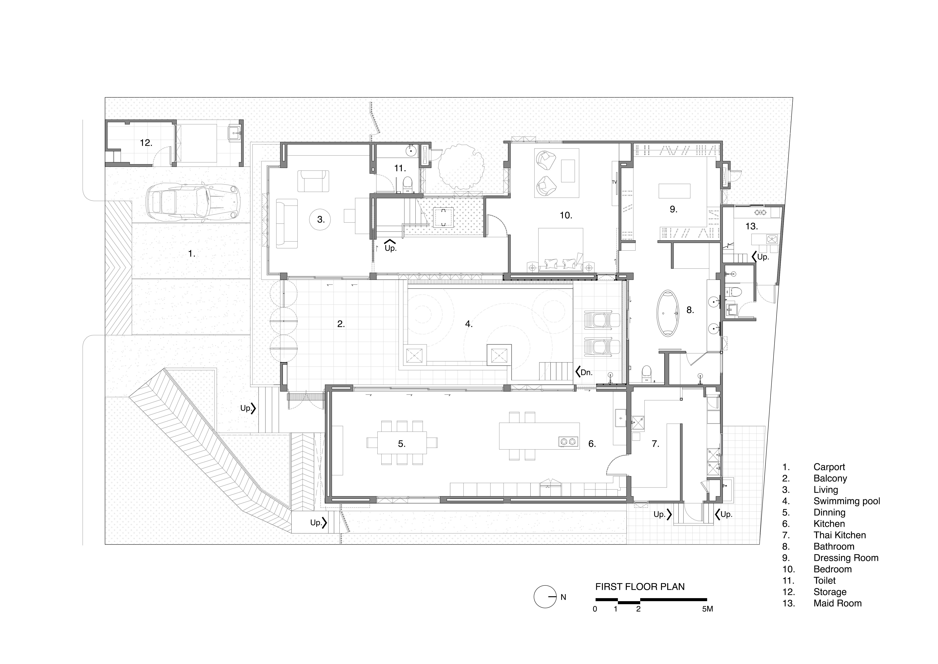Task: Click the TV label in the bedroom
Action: pos(614,182)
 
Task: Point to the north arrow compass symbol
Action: pos(545,597)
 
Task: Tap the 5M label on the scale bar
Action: pos(707,609)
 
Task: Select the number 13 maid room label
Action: pos(752,226)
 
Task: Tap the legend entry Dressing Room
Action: pos(846,558)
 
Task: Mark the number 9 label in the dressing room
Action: pos(674,209)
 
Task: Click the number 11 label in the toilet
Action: pos(400,168)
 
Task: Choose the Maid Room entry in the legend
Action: pos(837,603)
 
